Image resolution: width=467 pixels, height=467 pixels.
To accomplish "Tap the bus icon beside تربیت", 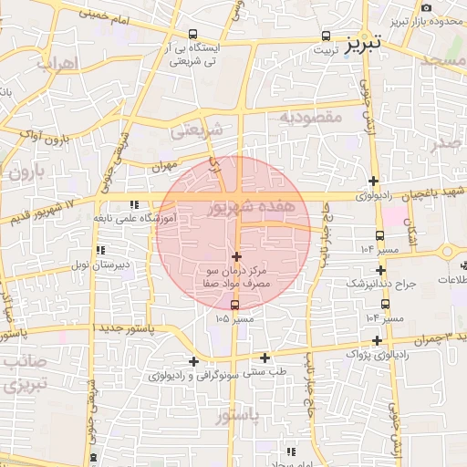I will click(x=326, y=36).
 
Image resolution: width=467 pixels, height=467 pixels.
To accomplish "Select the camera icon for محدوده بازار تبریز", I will click(x=426, y=7).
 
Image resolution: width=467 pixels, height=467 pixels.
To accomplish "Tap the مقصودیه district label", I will click(x=310, y=118).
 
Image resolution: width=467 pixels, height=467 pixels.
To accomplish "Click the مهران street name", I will click(x=162, y=166).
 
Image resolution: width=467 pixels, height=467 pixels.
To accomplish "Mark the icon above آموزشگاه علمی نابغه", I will click(x=134, y=205).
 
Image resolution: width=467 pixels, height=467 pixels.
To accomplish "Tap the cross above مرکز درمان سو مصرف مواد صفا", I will click(x=237, y=256).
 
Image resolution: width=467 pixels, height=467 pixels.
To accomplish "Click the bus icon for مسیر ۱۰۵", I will click(x=236, y=305).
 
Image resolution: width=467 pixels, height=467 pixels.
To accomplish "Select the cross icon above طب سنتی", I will click(x=265, y=358).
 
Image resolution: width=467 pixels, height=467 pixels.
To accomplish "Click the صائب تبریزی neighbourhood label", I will click(x=22, y=373).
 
